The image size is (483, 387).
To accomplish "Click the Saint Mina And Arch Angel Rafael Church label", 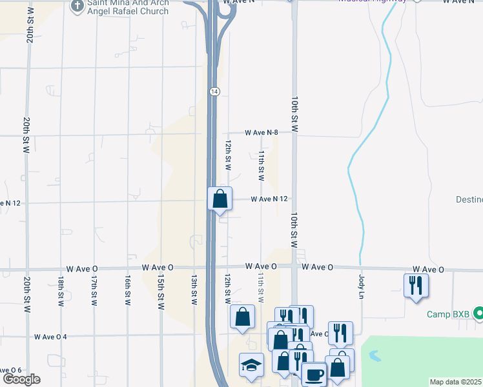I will pos(128,7).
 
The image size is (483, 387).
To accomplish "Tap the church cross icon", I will pos(77,6).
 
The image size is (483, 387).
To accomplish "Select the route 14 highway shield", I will pos(214,92).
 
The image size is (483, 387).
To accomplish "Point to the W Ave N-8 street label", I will pos(261,133).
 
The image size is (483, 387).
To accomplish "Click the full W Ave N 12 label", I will pos(269,199).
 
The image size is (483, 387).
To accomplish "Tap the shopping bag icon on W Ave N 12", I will pos(220,198).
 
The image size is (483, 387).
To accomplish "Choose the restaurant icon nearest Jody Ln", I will pos(416,284).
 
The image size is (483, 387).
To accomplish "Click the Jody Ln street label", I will pos(362,284).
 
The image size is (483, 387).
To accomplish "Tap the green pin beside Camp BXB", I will pos(478,314).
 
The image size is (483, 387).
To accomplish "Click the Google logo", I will pos(21,379).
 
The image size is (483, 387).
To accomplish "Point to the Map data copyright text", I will pos(456,382).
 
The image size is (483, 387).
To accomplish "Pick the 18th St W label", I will pos(60,290).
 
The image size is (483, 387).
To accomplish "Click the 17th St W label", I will pos(94,290).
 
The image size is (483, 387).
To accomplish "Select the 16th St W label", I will pos(128,290).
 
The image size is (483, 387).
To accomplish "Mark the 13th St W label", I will pos(194,289).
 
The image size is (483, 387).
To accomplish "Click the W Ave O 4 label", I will pos(51,337).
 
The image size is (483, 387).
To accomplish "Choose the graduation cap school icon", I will pos(251,364).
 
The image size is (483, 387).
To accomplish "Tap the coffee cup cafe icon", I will pos(314,374).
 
